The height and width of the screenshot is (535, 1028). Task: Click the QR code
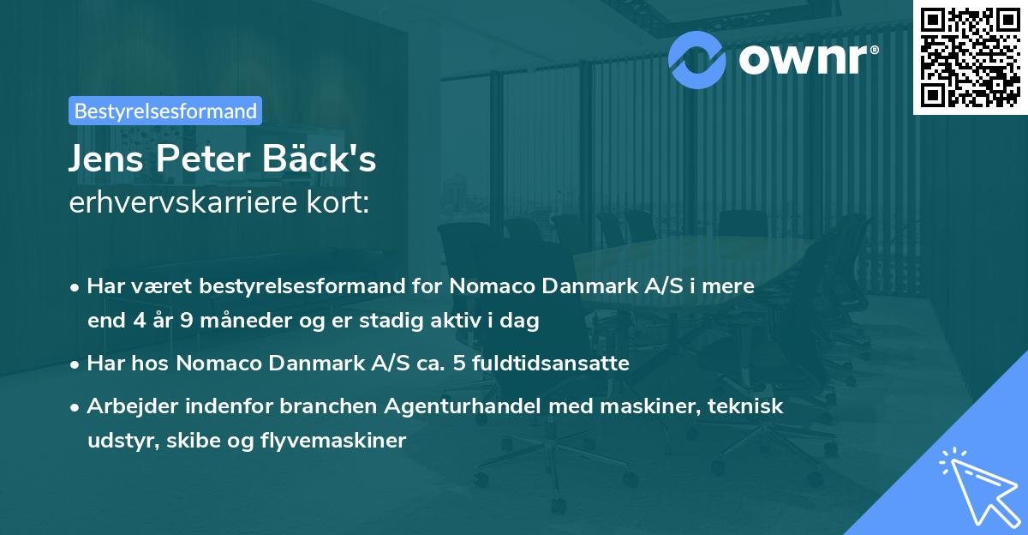click(x=971, y=57)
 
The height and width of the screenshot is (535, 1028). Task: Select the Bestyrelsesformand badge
click(x=165, y=111)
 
